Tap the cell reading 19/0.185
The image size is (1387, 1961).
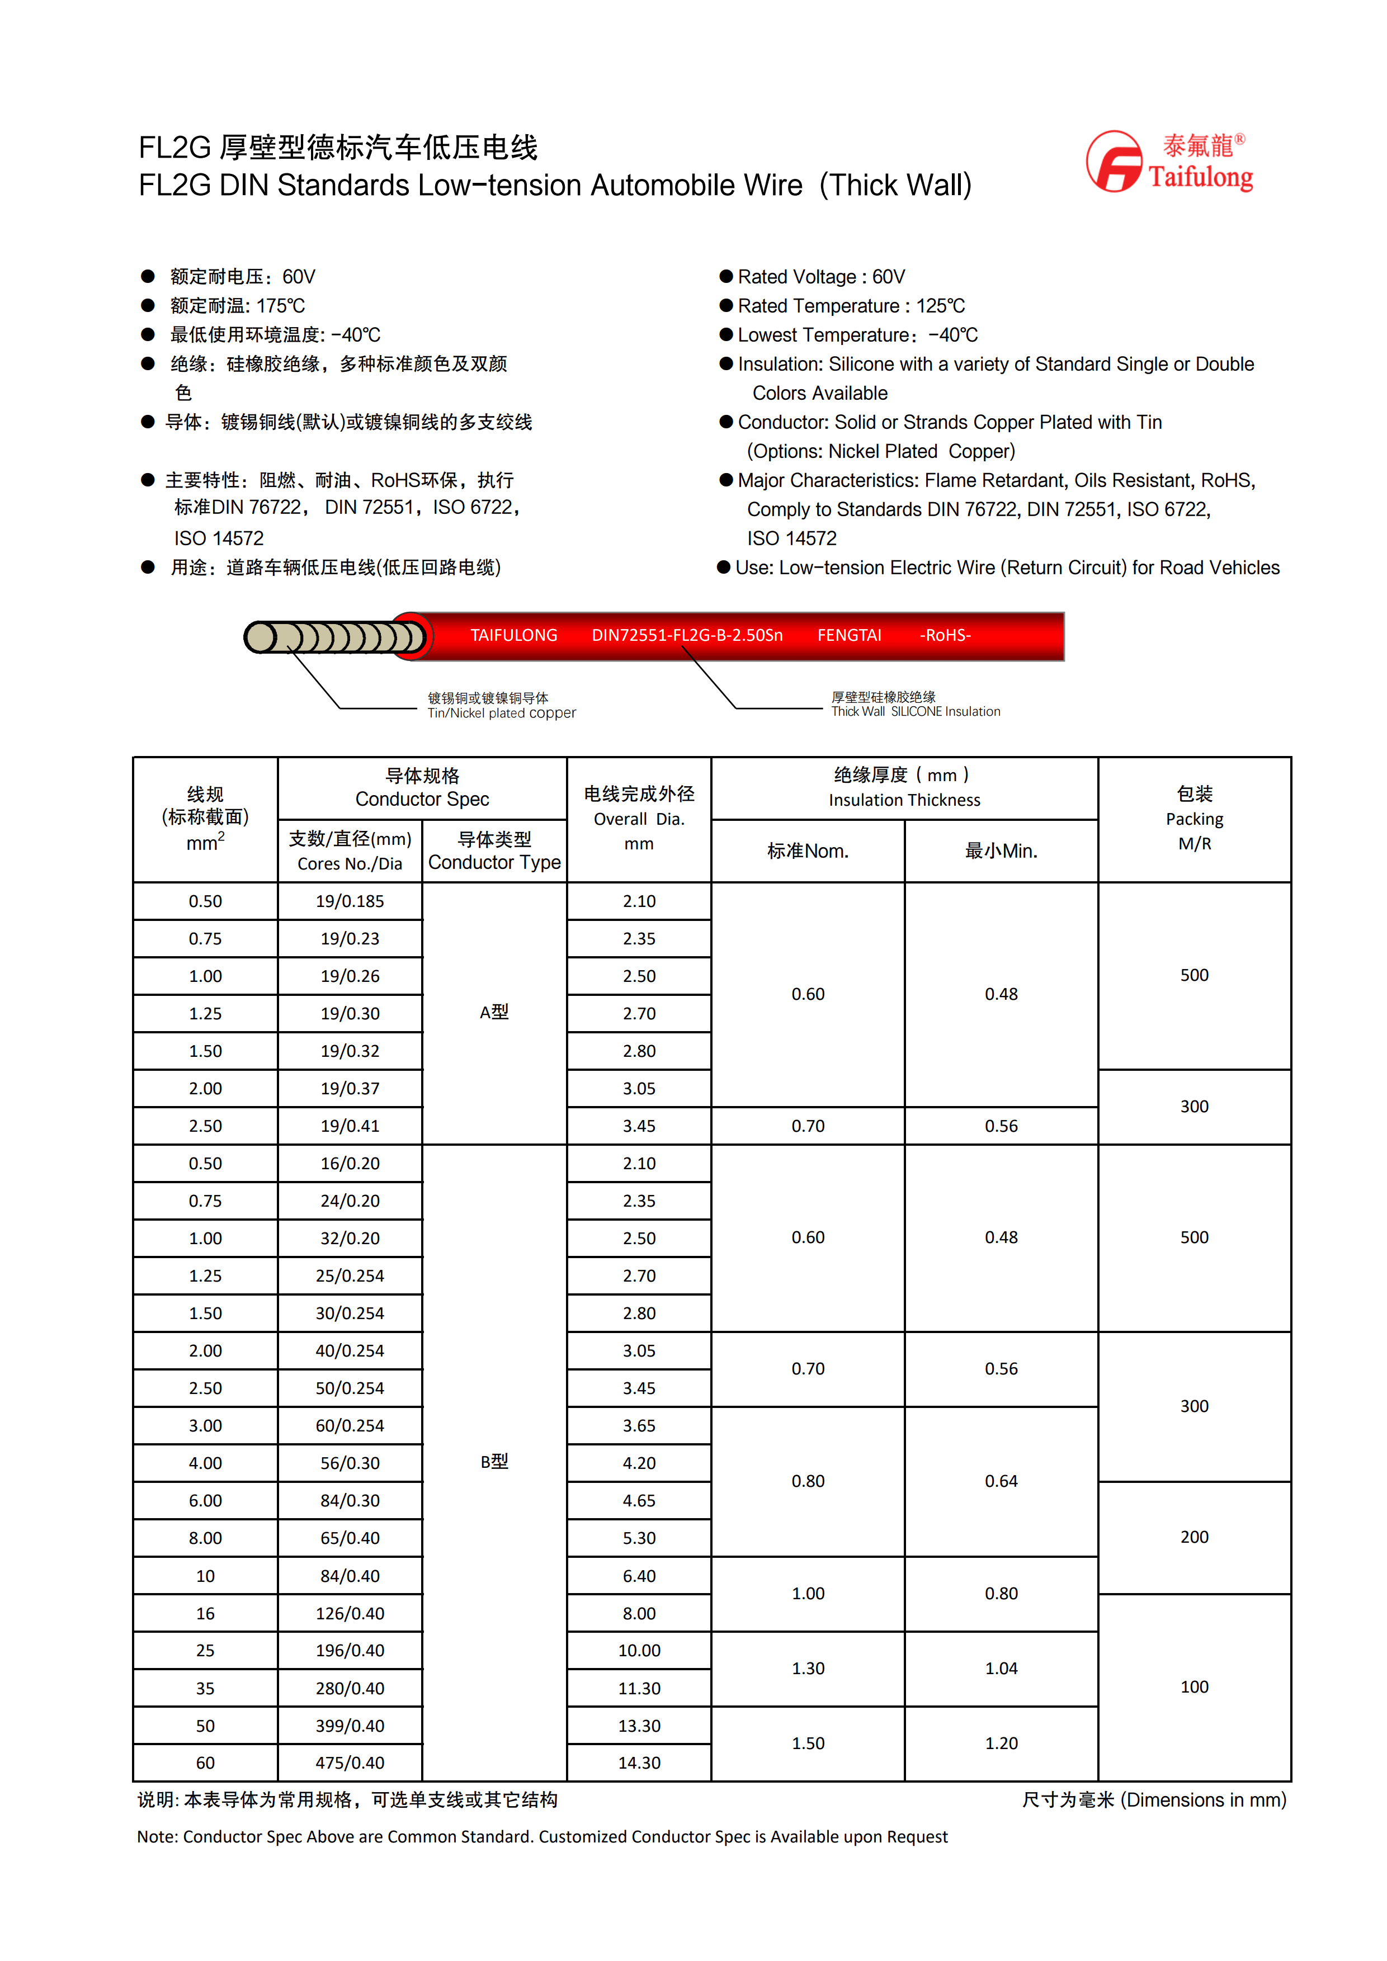tap(350, 901)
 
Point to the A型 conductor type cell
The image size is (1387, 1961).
tap(494, 1012)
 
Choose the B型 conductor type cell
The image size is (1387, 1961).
tap(494, 1461)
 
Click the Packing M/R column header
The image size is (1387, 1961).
tap(1194, 818)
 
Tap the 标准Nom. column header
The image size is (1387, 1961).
tap(807, 850)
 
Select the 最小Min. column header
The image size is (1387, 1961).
tap(1001, 850)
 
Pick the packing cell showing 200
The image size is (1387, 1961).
tap(1194, 1537)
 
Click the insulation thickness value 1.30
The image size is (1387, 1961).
tap(807, 1668)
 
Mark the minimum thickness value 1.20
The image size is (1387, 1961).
tap(1001, 1743)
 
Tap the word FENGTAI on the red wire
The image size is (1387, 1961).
tap(849, 635)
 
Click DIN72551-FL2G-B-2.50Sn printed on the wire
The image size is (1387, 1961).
tap(687, 635)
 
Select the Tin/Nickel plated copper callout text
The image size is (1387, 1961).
tap(501, 713)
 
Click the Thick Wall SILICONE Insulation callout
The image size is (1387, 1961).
tap(916, 711)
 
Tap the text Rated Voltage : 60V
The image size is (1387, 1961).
tap(821, 277)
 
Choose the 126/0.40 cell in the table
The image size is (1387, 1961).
tap(350, 1613)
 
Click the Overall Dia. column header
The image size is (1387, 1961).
tap(639, 818)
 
